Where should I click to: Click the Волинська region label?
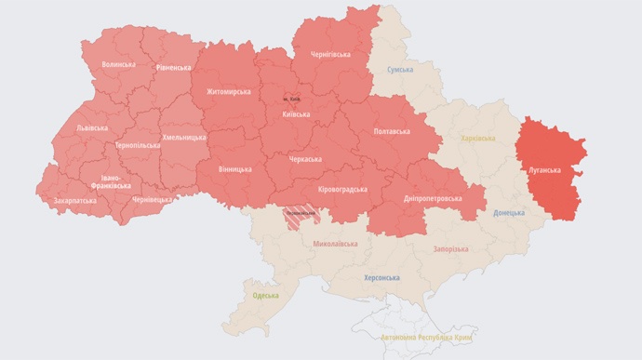tap(118, 64)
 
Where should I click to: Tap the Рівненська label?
tap(174, 67)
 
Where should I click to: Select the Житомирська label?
tap(229, 92)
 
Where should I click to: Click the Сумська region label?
tap(400, 70)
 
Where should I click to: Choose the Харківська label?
tap(478, 139)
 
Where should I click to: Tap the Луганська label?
tap(544, 170)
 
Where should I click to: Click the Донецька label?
tap(509, 212)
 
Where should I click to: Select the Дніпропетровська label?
tap(433, 198)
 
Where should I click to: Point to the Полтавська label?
tap(391, 131)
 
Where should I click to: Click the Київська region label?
tap(296, 114)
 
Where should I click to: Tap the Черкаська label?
tap(305, 159)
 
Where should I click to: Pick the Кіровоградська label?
tap(342, 189)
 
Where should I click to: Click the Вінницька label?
tap(234, 169)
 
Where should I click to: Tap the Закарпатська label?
tap(74, 200)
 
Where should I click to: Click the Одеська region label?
tap(265, 295)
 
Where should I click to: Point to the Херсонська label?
tap(381, 277)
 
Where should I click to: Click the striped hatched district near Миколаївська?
tap(301, 214)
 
